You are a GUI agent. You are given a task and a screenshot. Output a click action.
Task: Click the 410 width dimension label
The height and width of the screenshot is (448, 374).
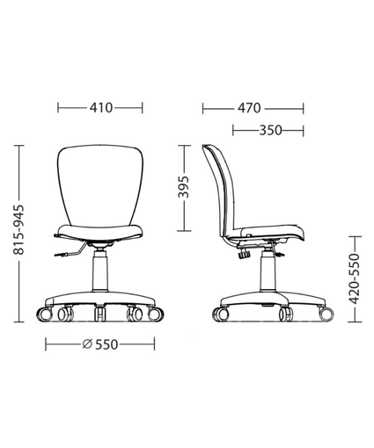(x=101, y=108)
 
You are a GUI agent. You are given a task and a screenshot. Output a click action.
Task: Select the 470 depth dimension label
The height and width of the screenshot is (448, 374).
(x=249, y=108)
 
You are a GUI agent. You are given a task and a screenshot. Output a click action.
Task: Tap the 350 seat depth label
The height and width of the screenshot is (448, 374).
(x=270, y=130)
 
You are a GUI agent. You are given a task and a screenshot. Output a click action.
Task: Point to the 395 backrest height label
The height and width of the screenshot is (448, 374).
(x=184, y=187)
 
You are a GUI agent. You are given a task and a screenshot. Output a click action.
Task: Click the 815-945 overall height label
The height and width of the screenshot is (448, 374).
(x=18, y=229)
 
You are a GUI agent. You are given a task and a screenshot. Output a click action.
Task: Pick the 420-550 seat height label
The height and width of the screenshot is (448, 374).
(x=355, y=279)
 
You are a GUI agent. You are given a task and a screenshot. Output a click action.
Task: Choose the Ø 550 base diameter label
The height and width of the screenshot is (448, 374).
(x=100, y=344)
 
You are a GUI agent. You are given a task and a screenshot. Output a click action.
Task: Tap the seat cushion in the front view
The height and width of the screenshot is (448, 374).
(x=99, y=231)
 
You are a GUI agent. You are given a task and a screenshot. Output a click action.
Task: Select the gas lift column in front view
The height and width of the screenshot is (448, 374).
(x=100, y=271)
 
